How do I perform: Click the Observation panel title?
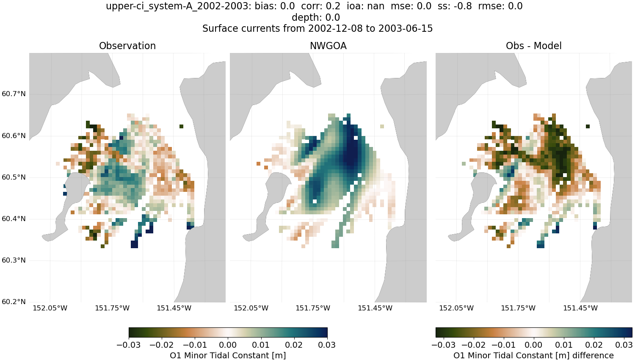(x=127, y=46)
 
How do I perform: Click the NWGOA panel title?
(x=328, y=46)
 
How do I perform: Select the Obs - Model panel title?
(x=533, y=46)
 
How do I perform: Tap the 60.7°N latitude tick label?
(x=14, y=94)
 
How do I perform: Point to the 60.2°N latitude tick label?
(x=14, y=302)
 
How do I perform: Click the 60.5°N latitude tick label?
(x=14, y=177)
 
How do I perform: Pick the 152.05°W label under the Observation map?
(x=50, y=308)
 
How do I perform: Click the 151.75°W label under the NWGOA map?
(x=313, y=308)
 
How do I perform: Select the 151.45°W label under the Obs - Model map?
(x=580, y=308)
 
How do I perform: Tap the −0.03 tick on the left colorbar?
(x=129, y=345)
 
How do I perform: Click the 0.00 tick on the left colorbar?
(x=228, y=345)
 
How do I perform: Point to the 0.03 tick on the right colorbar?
(x=624, y=345)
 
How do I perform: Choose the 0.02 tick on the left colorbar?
(x=294, y=345)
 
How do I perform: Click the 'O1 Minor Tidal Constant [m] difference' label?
(x=533, y=355)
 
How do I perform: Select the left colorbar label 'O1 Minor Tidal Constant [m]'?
(x=228, y=355)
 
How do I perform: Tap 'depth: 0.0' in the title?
(x=316, y=17)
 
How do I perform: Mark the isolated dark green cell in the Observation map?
(x=182, y=126)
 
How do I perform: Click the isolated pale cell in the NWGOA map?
(x=382, y=126)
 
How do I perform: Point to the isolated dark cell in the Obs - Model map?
(x=588, y=126)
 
